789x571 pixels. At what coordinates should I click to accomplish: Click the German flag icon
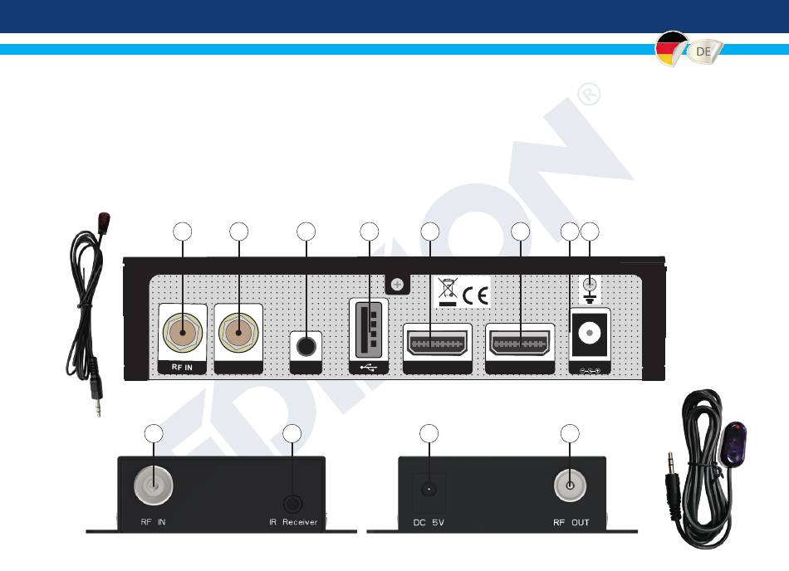tap(671, 49)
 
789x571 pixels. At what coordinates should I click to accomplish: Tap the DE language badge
tap(704, 51)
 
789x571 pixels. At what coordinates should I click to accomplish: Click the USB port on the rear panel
tap(368, 329)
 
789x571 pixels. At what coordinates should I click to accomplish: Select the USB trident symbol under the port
tap(368, 368)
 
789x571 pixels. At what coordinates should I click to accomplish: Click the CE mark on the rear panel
tap(476, 295)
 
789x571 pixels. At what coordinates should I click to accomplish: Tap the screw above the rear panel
tap(397, 285)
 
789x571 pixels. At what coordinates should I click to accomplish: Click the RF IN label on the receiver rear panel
tap(182, 368)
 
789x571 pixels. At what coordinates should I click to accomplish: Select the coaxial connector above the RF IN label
tap(182, 332)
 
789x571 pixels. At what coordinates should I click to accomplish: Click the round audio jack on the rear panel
tap(306, 346)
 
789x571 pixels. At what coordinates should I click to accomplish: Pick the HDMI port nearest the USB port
tap(437, 344)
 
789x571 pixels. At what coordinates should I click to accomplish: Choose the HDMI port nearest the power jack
tap(520, 344)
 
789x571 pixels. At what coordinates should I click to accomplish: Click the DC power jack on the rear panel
tap(589, 333)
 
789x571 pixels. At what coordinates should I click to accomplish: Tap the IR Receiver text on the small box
tap(293, 522)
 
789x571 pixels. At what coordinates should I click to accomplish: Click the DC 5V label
tap(429, 523)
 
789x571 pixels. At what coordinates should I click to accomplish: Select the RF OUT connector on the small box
tap(570, 486)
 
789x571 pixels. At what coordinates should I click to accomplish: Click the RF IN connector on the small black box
tap(154, 486)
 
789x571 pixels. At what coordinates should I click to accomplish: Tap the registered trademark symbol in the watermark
tap(589, 94)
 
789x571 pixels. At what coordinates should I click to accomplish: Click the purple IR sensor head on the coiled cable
tap(735, 442)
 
